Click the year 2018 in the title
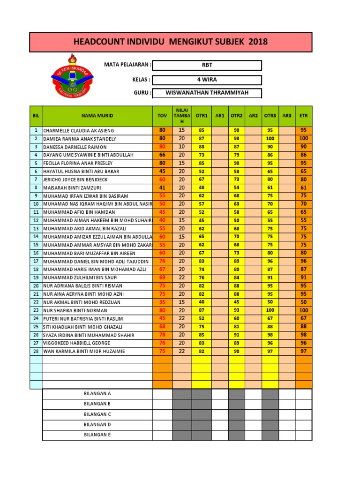[x=258, y=42]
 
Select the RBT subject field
[x=207, y=65]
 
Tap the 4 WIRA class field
[x=207, y=80]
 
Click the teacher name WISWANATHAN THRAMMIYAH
[x=207, y=93]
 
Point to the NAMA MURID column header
[x=97, y=115]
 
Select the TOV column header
[x=162, y=115]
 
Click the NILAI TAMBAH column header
[x=181, y=115]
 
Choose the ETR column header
[x=303, y=115]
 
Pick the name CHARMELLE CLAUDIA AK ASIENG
[x=78, y=131]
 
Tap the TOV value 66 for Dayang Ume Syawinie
[x=162, y=155]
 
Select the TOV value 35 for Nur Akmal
[x=162, y=302]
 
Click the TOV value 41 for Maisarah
[x=162, y=187]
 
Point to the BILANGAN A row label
[x=97, y=394]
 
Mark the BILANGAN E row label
[x=97, y=435]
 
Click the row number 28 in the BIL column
[x=36, y=351]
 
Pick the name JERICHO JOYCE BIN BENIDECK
[x=75, y=180]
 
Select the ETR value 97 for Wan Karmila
[x=303, y=351]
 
